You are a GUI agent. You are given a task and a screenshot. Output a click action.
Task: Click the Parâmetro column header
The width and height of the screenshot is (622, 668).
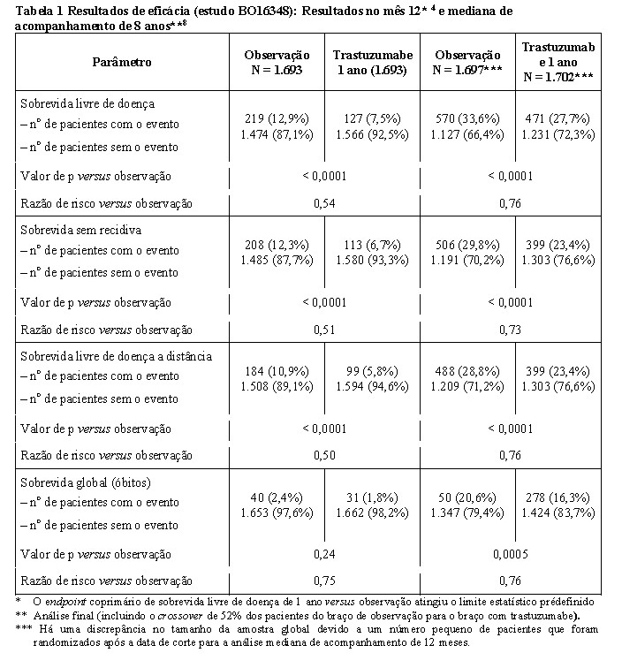click(122, 62)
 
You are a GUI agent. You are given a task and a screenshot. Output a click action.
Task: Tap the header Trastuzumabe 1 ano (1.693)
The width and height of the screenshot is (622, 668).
click(368, 62)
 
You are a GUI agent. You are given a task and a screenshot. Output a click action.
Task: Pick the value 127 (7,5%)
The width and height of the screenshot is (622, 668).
click(368, 118)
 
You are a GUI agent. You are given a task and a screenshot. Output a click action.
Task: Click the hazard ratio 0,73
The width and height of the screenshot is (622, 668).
click(516, 329)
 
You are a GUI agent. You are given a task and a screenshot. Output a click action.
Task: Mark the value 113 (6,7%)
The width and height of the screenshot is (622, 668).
click(368, 244)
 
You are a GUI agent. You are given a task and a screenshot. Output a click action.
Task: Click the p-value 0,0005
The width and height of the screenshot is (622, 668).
click(516, 554)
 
